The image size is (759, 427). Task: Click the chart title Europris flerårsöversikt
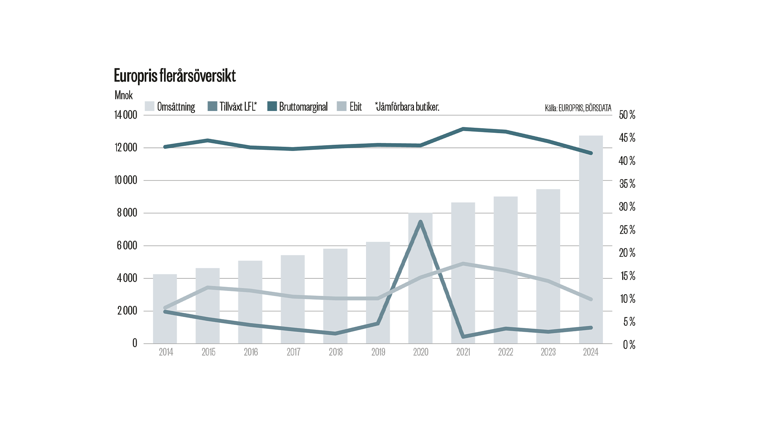[x=175, y=76]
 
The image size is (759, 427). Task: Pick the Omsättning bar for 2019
[x=378, y=293]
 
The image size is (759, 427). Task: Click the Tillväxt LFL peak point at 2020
[x=421, y=222]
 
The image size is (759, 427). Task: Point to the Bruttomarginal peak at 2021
[x=463, y=129]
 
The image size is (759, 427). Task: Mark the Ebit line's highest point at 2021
[x=463, y=263]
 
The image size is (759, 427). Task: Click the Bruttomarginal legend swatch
[x=272, y=106]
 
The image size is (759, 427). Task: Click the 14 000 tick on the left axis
[x=126, y=115]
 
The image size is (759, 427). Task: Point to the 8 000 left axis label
[x=127, y=213]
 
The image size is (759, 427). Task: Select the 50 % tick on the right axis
[x=627, y=115]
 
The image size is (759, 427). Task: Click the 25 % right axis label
[x=627, y=230]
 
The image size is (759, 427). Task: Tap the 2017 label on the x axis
[x=293, y=352]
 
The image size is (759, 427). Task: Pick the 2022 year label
[x=506, y=352]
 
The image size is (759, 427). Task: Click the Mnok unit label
[x=124, y=95]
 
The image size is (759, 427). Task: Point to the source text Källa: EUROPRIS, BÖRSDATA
[x=578, y=108]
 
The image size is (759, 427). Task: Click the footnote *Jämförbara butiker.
[x=407, y=107]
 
